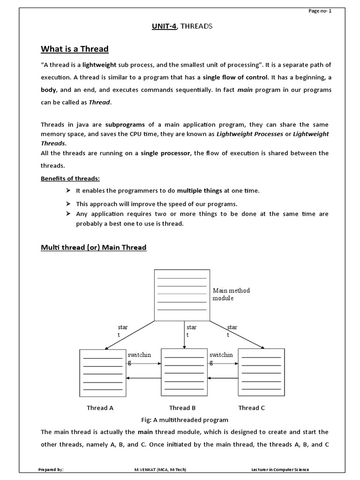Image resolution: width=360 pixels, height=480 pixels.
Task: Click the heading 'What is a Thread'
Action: [x=75, y=49]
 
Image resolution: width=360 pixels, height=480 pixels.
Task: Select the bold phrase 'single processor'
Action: [x=165, y=153]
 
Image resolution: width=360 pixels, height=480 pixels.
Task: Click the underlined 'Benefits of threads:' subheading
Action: [x=70, y=179]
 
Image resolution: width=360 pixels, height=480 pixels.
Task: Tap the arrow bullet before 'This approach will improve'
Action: [x=68, y=204]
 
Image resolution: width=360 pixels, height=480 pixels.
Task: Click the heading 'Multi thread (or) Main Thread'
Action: [x=94, y=247]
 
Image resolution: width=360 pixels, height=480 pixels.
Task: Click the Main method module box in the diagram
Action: [x=182, y=295]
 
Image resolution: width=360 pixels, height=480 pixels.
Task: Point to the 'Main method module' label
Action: [x=231, y=294]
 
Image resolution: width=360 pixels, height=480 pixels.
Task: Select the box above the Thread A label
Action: [x=103, y=373]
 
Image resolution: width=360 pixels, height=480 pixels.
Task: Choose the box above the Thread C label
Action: [x=261, y=373]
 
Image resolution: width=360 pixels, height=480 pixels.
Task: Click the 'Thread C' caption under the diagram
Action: [x=251, y=408]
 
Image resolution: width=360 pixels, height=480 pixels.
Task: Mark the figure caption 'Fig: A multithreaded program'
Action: [x=185, y=420]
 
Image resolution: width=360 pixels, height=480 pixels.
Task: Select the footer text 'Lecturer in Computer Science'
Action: [x=280, y=470]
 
